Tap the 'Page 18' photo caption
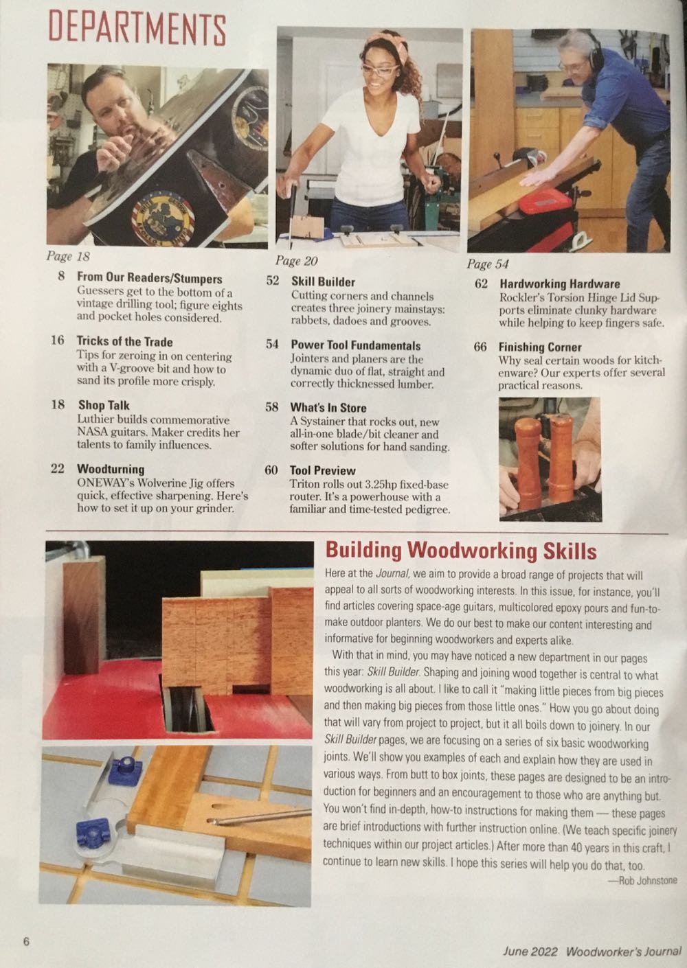(67, 257)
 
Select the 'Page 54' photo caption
(487, 264)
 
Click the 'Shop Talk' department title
(103, 405)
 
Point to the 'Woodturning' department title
(110, 469)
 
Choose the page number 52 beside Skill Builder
(272, 281)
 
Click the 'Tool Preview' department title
(322, 470)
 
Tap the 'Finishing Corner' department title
(539, 347)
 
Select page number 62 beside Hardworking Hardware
(482, 284)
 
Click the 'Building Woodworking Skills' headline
(460, 551)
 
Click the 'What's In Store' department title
(328, 408)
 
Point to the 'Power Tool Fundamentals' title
(355, 345)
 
